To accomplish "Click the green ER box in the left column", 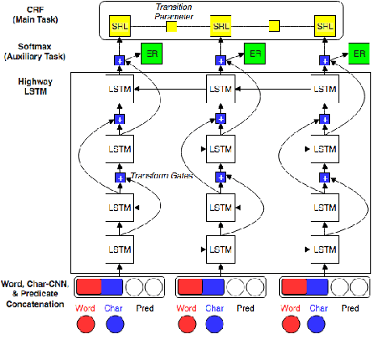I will click(x=152, y=53).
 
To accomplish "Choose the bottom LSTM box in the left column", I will click(x=119, y=249).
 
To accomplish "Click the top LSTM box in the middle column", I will click(x=220, y=88).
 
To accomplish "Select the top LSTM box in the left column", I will click(x=119, y=88).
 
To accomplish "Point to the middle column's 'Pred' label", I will click(x=245, y=308).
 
